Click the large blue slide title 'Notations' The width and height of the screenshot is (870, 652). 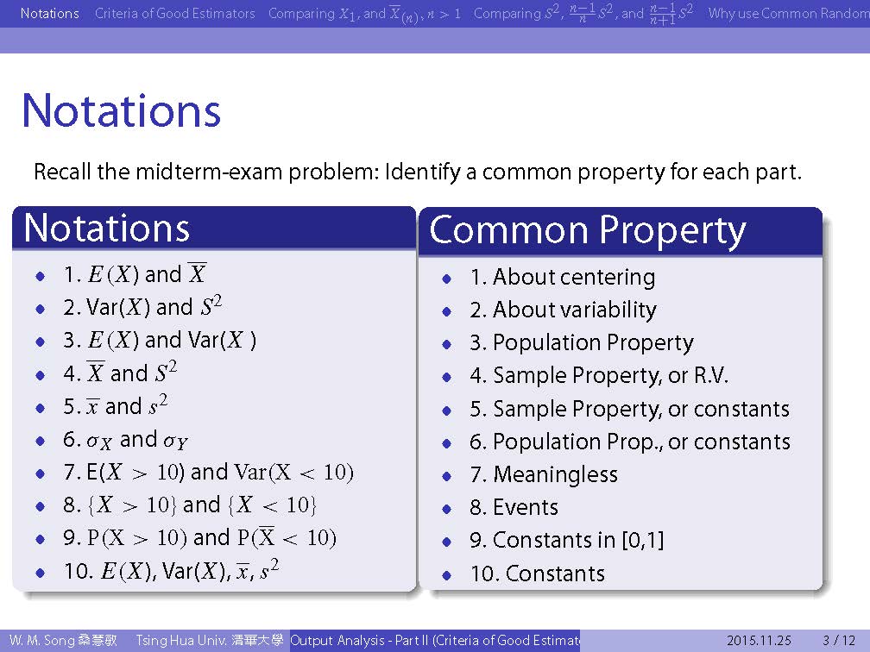point(121,111)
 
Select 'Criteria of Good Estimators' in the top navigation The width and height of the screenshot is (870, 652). point(174,13)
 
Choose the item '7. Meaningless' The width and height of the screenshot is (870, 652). point(543,474)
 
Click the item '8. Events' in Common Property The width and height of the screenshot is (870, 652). point(514,507)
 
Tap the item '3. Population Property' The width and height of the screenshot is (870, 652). point(582,343)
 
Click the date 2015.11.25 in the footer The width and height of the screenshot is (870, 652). point(759,640)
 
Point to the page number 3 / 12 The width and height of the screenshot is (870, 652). point(839,640)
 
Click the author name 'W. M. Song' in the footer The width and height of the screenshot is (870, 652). point(42,640)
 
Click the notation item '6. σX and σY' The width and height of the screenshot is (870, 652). point(125,440)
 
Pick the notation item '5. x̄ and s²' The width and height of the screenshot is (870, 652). point(115,406)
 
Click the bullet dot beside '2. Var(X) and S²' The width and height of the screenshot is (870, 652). point(40,309)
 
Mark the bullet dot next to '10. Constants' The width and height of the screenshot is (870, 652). point(447,575)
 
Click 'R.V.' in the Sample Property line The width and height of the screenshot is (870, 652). point(711,376)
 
